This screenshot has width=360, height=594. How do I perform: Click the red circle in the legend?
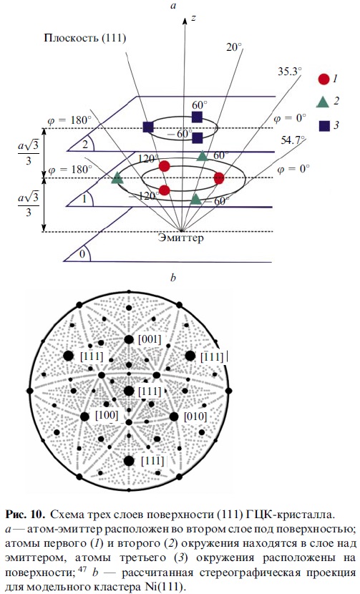pos(323,79)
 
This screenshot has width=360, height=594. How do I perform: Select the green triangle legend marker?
pos(323,102)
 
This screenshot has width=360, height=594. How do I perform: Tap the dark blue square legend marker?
pos(324,126)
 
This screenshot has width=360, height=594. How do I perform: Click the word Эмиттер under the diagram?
pos(181,238)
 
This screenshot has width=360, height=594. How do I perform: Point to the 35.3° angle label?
pos(290,72)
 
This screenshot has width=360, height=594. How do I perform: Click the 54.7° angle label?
pos(293,140)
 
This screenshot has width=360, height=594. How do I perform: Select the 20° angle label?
pos(234,47)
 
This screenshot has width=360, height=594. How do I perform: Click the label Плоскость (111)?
pos(85,38)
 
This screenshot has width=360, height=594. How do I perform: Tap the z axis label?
pos(193,18)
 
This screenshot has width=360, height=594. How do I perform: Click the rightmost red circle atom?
pos(219,177)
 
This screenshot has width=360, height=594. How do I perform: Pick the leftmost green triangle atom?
pos(117,177)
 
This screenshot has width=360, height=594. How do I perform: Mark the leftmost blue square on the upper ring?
pos(148,127)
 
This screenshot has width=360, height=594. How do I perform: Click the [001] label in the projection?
pos(150,339)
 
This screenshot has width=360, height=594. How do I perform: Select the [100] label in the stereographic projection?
pos(107,415)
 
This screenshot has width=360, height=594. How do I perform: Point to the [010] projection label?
pos(195,417)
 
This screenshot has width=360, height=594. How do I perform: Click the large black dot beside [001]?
pos(129,339)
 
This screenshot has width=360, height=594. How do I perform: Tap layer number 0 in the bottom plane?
pos(82,254)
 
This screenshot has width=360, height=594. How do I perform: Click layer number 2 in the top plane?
pos(85,145)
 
